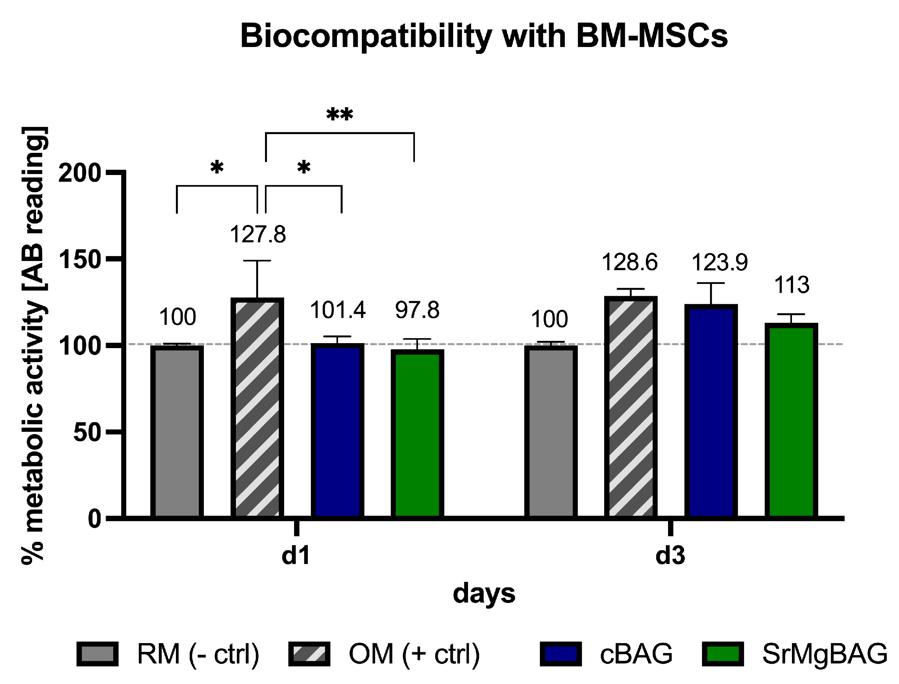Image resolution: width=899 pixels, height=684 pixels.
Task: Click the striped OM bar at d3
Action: (630, 407)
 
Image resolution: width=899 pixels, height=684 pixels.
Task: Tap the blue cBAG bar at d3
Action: (711, 411)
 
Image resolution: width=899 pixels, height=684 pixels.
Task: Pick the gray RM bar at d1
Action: (177, 431)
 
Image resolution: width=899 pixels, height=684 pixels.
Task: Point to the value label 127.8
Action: (257, 235)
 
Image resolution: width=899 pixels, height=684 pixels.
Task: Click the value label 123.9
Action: (719, 263)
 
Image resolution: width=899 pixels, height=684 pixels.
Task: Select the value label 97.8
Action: (417, 310)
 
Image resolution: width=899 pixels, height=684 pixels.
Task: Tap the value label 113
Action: (792, 285)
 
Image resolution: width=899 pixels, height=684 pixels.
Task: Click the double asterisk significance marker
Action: (339, 114)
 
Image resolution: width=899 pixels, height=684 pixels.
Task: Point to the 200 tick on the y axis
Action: (80, 173)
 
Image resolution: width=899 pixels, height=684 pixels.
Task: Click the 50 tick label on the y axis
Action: (87, 433)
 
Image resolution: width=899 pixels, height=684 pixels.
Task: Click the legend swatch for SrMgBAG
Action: (723, 654)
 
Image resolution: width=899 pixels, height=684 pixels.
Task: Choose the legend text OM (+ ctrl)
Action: (414, 654)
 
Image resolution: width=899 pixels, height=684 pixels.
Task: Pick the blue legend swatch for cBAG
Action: (561, 654)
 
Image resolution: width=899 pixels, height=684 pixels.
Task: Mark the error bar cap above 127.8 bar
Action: (257, 261)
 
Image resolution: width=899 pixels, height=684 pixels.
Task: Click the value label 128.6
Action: (629, 263)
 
